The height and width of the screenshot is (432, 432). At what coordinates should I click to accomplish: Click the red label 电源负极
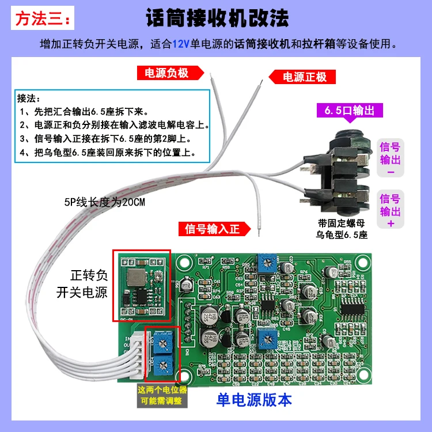pyautogui.click(x=170, y=73)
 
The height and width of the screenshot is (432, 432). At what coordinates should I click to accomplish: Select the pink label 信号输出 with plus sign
pyautogui.click(x=390, y=211)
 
